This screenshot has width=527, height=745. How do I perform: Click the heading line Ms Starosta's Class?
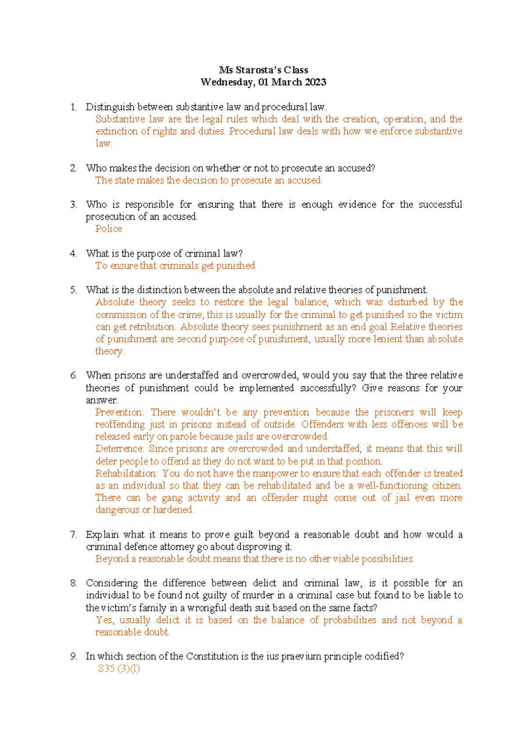pos(263,70)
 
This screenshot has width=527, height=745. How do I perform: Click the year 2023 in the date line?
pos(314,82)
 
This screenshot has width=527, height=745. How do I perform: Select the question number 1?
pos(73,107)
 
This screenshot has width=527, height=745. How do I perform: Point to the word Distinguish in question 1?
pos(110,107)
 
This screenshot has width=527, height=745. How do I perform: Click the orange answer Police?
pos(108,229)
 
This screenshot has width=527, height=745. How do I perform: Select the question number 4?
pos(73,253)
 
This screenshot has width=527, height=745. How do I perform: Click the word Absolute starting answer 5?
pos(115,302)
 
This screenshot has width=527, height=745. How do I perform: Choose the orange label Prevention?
pos(119,412)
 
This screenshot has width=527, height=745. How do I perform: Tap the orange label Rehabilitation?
pos(126,474)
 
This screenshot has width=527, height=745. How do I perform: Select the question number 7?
pos(73,535)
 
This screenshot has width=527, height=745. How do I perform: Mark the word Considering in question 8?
pos(112,583)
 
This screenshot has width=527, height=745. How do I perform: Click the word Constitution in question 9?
pos(212,656)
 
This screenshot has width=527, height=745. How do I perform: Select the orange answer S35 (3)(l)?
pos(119,669)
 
